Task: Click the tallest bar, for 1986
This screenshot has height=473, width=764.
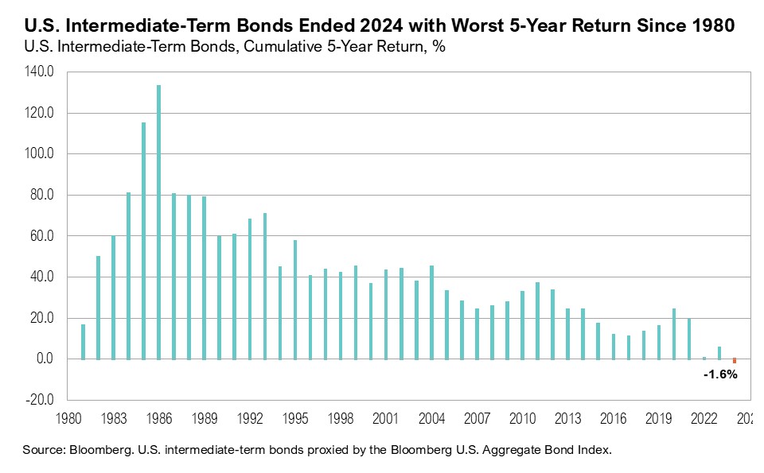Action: (x=159, y=222)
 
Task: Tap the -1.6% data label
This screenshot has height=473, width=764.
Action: (x=720, y=374)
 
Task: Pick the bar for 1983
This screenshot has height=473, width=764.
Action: (x=113, y=297)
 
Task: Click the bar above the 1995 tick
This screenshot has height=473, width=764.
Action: (x=295, y=300)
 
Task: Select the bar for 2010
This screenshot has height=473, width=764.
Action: (x=522, y=325)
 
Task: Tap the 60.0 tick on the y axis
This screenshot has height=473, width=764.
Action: (x=41, y=236)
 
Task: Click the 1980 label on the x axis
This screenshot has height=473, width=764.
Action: (x=68, y=418)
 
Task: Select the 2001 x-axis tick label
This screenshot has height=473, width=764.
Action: (x=386, y=418)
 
